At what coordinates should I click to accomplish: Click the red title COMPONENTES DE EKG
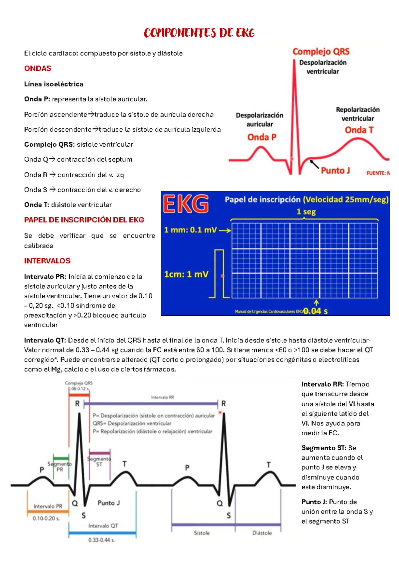pyautogui.click(x=199, y=33)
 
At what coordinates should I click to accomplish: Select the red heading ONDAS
pyautogui.click(x=38, y=69)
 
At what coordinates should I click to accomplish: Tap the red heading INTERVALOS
pyautogui.click(x=47, y=261)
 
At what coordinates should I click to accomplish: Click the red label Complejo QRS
pyautogui.click(x=321, y=52)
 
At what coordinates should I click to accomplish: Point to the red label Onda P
pyautogui.click(x=262, y=137)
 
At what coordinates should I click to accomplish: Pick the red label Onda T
pyautogui.click(x=359, y=130)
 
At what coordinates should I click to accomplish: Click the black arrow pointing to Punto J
pyautogui.click(x=314, y=164)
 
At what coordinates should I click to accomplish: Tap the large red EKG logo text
pyautogui.click(x=186, y=204)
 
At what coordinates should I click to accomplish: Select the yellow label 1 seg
pyautogui.click(x=306, y=212)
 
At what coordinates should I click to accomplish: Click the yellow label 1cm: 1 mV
pyautogui.click(x=186, y=274)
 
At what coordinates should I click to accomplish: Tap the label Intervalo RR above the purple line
pyautogui.click(x=163, y=397)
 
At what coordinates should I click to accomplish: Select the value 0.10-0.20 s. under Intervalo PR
pyautogui.click(x=46, y=518)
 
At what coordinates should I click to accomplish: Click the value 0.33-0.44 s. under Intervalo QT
pyautogui.click(x=102, y=540)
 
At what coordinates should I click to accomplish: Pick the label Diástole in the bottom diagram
pyautogui.click(x=262, y=533)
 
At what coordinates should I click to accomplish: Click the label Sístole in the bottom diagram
pyautogui.click(x=202, y=533)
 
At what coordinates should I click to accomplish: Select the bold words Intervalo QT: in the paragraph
pyautogui.click(x=45, y=340)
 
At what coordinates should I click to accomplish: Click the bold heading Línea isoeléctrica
pyautogui.click(x=54, y=84)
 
